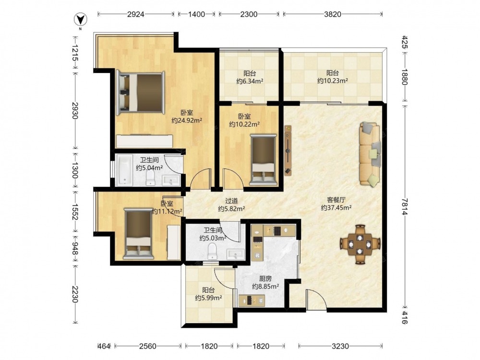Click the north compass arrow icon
point(81,20)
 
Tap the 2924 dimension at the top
point(136,14)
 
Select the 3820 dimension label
point(333,14)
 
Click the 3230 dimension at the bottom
point(340,346)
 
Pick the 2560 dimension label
point(147,346)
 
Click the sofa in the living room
point(370,154)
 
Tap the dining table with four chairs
point(360,244)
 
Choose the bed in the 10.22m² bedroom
point(263,160)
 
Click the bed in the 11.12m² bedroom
point(138,233)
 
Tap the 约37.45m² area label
point(336,207)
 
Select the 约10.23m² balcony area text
point(333,81)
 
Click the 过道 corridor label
point(231,201)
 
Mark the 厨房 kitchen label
point(265,278)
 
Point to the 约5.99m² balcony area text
point(208,298)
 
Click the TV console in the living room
point(288,150)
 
